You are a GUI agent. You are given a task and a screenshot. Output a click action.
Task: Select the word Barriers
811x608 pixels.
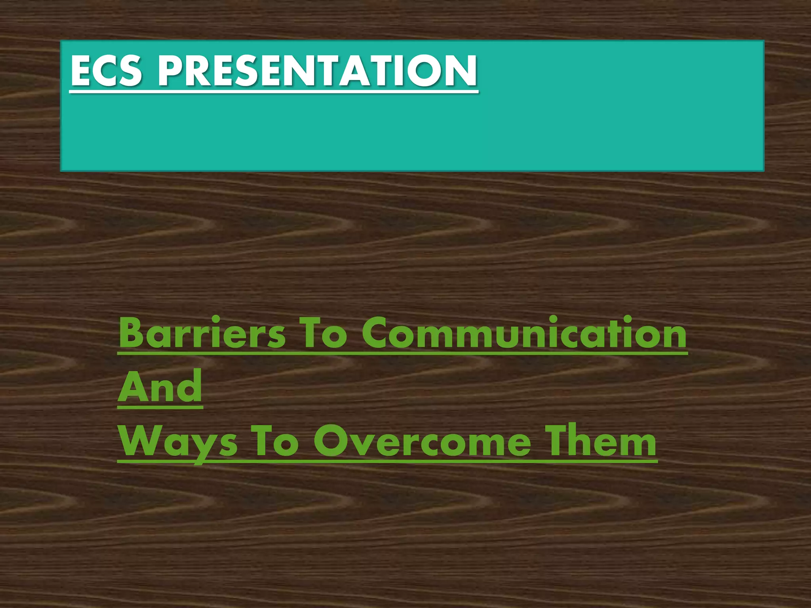(x=202, y=334)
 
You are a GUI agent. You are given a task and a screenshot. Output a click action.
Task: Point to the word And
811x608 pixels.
(x=160, y=387)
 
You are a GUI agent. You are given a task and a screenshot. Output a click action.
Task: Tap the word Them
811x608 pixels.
(x=600, y=441)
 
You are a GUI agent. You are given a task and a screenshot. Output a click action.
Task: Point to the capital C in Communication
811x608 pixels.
(x=376, y=334)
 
